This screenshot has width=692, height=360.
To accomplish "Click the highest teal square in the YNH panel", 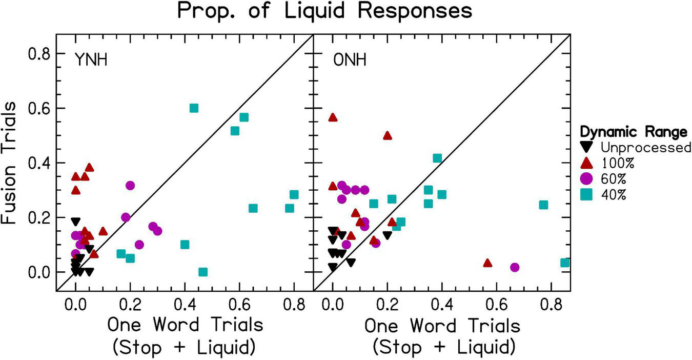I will tap(194, 108).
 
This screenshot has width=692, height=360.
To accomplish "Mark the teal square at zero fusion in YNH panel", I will tap(203, 272).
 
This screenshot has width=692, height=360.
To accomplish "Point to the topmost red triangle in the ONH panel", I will tap(333, 117).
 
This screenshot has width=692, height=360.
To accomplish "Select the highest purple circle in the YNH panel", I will tap(130, 185).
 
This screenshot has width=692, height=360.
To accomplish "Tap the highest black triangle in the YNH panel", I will tap(76, 222).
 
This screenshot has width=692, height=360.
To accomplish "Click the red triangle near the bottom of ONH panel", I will tap(487, 263).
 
